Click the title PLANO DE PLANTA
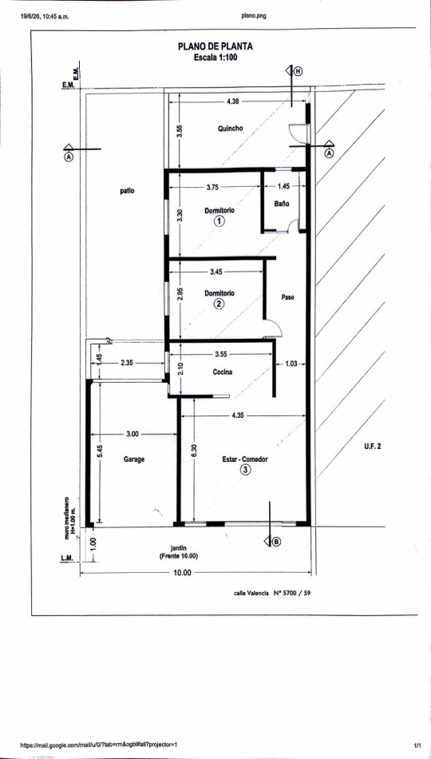(x=215, y=47)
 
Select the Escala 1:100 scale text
(x=215, y=57)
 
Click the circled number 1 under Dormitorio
(x=219, y=221)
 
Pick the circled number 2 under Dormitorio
(x=219, y=304)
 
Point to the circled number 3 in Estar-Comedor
(x=246, y=469)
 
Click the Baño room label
(x=282, y=205)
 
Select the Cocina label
(x=223, y=372)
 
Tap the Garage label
(x=134, y=459)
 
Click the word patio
(x=127, y=191)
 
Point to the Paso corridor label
(x=288, y=297)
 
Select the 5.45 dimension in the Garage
(x=99, y=451)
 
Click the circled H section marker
(x=298, y=71)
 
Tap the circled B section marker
(x=276, y=542)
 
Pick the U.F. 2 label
(x=373, y=447)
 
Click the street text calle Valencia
(x=251, y=593)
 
